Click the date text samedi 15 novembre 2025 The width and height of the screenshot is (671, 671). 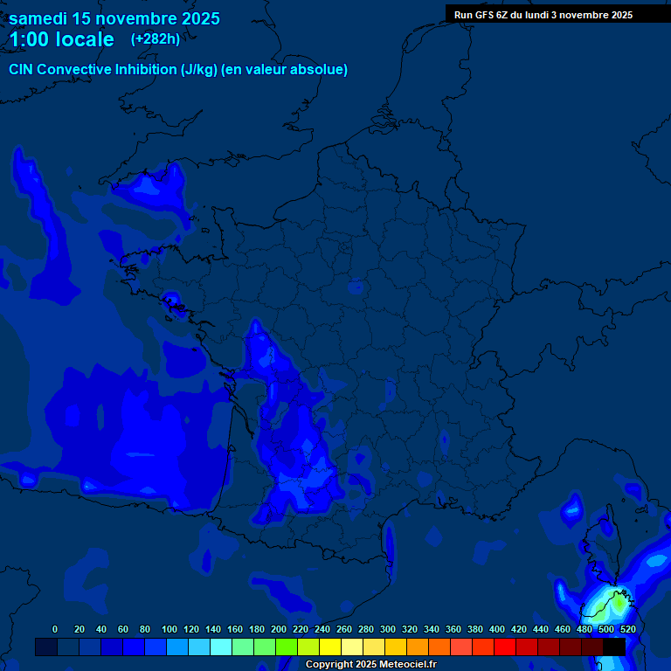pyautogui.click(x=114, y=18)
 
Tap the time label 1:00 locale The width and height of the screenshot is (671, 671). pyautogui.click(x=62, y=39)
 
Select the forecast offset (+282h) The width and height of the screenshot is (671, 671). pyautogui.click(x=156, y=39)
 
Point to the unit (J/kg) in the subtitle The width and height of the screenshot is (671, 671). pyautogui.click(x=198, y=70)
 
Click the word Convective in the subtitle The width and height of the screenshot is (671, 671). pyautogui.click(x=75, y=70)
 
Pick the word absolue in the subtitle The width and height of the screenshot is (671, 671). pyautogui.click(x=320, y=70)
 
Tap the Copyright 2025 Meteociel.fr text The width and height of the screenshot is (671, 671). pyautogui.click(x=371, y=664)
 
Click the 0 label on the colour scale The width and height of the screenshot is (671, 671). pyautogui.click(x=55, y=629)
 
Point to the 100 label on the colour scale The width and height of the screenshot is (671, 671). pyautogui.click(x=169, y=629)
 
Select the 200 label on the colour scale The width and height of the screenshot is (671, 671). pyautogui.click(x=279, y=629)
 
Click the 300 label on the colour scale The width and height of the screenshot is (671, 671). pyautogui.click(x=388, y=629)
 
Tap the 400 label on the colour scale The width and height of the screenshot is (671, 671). pyautogui.click(x=497, y=629)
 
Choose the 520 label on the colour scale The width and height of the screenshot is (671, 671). pyautogui.click(x=627, y=629)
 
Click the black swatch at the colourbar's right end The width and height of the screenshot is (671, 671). pyautogui.click(x=614, y=647)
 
